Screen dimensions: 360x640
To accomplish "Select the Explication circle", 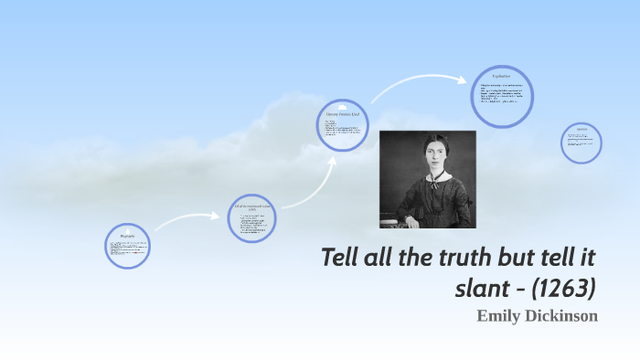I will [502, 96].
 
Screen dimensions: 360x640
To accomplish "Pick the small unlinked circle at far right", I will [581, 143].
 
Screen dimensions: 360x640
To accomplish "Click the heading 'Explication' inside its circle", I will [501, 75].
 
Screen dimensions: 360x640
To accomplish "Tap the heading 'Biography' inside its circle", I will [127, 236].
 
